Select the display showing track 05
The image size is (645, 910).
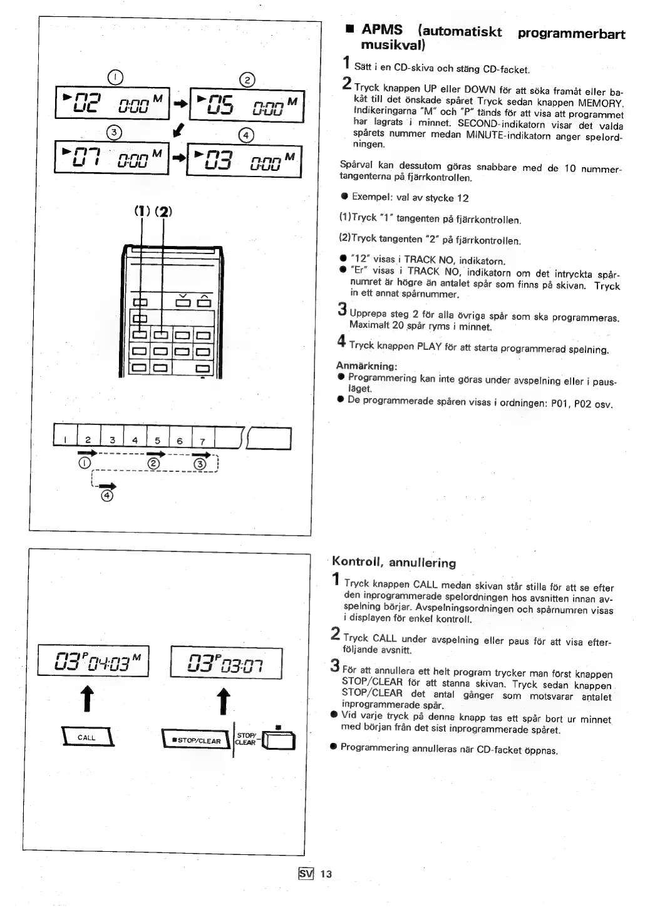pos(247,105)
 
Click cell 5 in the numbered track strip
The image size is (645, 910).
pos(158,440)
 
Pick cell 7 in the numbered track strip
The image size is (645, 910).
pos(202,440)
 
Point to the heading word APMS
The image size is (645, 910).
pos(382,30)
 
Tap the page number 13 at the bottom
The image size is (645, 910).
pos(326,874)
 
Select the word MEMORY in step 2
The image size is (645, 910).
pos(600,102)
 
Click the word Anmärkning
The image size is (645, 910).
pos(366,366)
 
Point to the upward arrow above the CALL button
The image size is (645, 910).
pos(88,699)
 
